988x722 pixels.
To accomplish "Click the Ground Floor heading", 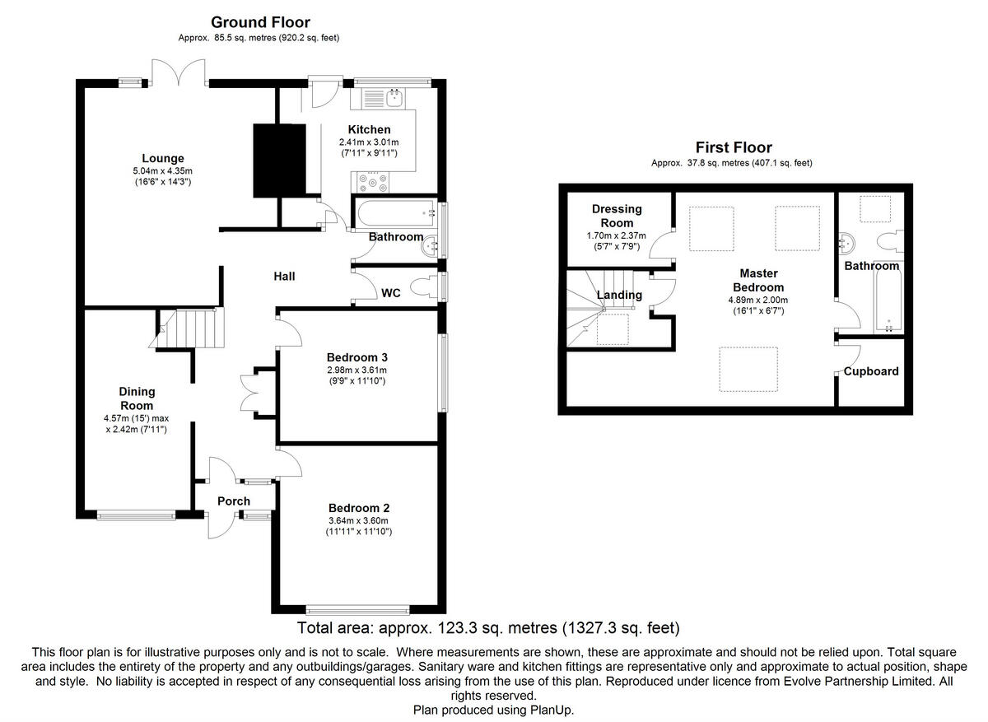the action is coord(260,22).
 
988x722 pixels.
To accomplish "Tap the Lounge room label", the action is coord(163,158).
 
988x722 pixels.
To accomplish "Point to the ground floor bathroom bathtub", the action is coord(396,213).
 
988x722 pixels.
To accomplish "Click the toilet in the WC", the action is coord(424,287).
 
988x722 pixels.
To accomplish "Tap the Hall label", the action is coord(284,277).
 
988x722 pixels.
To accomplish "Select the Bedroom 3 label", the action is coord(357,356).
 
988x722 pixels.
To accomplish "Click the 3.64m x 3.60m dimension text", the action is coord(358,520).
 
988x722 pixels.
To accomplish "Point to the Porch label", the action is coord(234,501).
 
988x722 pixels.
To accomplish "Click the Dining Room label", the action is coord(137,398).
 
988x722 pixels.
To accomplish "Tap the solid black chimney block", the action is coord(279,161).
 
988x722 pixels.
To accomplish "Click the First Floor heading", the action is coord(734,147).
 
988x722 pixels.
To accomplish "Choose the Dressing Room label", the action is coord(617,216).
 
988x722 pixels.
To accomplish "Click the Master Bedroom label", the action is coord(758,280).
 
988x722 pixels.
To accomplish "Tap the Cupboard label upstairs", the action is coord(871,371).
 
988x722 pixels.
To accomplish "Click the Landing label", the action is coord(619,295).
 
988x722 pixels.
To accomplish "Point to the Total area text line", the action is coord(488,627).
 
